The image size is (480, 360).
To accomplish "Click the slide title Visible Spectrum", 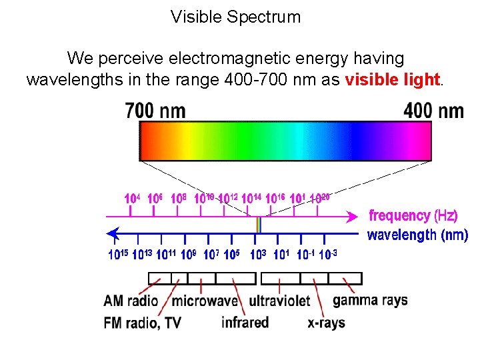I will (x=235, y=17).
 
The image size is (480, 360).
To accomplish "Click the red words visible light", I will (x=393, y=80).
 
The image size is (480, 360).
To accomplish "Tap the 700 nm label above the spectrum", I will (x=155, y=110).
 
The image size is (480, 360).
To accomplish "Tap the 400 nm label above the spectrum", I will (x=433, y=111).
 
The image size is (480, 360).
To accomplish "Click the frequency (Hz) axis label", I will (x=413, y=215).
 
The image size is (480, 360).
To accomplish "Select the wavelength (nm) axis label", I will (x=417, y=235).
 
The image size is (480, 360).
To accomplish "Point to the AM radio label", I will (x=131, y=301).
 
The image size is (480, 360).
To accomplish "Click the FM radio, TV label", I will (x=143, y=323).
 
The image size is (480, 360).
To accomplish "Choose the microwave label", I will (x=205, y=301).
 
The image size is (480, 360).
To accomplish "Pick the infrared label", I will (x=245, y=323).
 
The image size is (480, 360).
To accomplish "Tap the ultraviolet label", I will (x=279, y=301).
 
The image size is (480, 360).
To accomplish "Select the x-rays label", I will (x=326, y=323).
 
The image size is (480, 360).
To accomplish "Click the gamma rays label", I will (x=370, y=300).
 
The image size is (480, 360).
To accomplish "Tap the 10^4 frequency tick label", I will (x=132, y=199).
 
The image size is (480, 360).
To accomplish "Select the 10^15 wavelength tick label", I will (x=119, y=254).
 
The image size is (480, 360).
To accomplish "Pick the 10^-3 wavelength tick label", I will (x=328, y=254).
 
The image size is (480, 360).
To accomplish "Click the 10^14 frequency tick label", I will (x=251, y=199).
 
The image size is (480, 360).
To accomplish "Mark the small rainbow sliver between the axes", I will (x=258, y=225).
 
